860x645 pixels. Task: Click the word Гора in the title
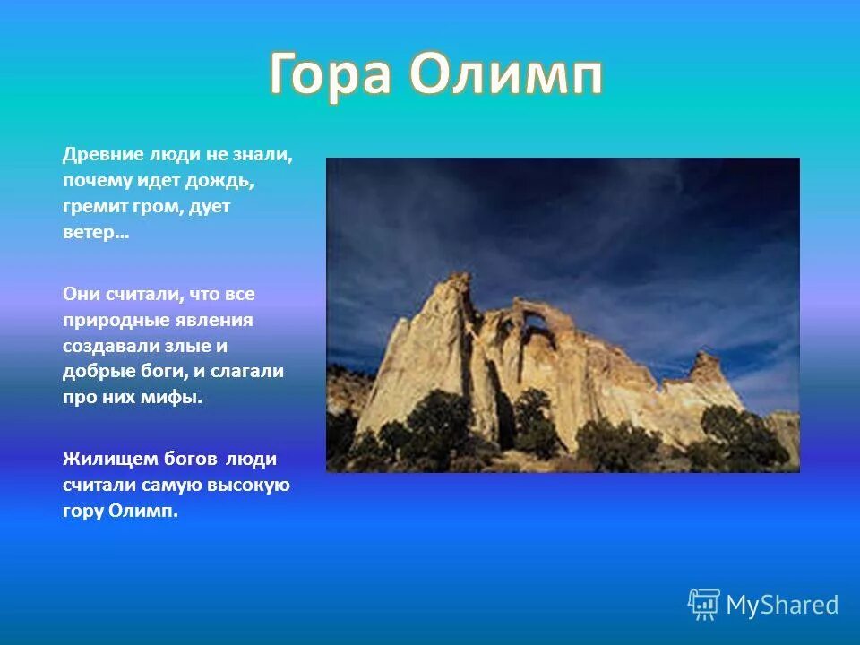click(331, 74)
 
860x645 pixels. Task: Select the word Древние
click(103, 155)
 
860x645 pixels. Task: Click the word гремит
click(93, 207)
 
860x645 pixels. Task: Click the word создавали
click(106, 346)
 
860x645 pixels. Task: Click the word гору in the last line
click(82, 512)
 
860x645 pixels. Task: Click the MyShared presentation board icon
click(704, 605)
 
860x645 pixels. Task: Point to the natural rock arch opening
click(536, 322)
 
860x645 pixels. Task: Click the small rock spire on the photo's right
click(706, 366)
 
